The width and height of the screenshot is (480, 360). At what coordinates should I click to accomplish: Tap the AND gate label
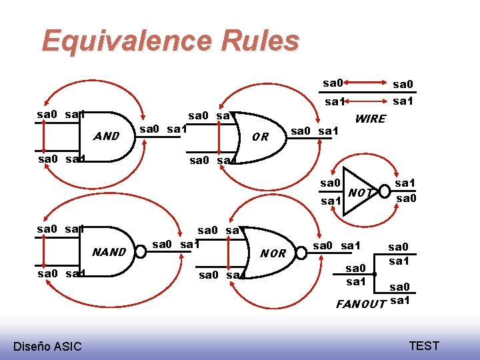coord(107,137)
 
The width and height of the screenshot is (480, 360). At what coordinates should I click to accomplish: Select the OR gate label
coord(261,137)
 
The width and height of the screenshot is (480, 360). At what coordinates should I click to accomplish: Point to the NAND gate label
coord(109,252)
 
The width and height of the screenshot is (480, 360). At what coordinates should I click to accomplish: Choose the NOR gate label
coord(273,254)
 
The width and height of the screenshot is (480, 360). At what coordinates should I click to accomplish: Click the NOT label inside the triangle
coord(360,193)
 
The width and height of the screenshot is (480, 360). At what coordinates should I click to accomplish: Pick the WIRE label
coord(371,119)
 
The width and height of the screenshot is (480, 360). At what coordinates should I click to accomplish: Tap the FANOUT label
coord(361,304)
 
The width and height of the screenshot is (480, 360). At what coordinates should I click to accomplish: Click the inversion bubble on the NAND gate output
coord(141,251)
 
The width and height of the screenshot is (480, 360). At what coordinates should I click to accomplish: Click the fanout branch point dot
coord(376,274)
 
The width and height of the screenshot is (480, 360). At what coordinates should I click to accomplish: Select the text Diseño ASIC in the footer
coord(47,345)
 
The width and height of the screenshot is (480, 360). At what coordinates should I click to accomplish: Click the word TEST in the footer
coord(424,345)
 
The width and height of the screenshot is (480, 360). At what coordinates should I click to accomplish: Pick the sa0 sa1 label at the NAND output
coord(177,244)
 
